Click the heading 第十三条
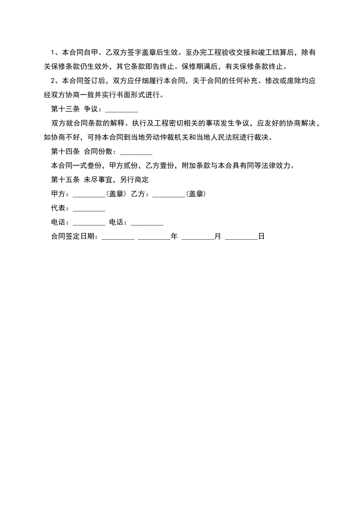[65, 109]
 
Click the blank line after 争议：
[121, 110]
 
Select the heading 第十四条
[65, 151]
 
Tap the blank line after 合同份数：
[136, 152]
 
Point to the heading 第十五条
[65, 180]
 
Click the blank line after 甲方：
[89, 195]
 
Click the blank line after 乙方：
[168, 195]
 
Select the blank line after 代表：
[89, 209]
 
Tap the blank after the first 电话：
[89, 223]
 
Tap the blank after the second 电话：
[147, 223]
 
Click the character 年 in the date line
[174, 236]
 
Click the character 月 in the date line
[218, 236]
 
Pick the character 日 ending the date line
[261, 236]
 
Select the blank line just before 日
[241, 237]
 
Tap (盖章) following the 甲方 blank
[116, 194]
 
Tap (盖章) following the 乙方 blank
[196, 194]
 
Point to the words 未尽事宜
[98, 180]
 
